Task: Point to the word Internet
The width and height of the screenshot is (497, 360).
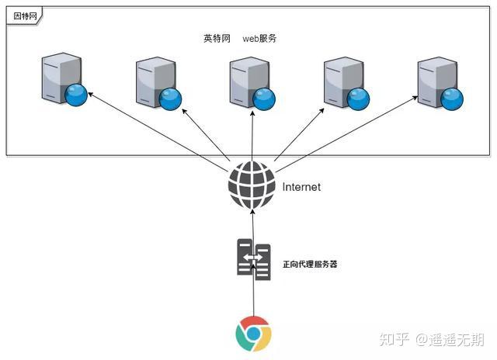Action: (x=301, y=187)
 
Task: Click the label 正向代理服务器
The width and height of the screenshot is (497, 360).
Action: (x=311, y=264)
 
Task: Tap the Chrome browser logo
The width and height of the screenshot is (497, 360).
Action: (x=253, y=334)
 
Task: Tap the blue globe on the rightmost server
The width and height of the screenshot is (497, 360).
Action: (x=452, y=96)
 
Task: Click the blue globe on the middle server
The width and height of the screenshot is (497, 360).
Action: (x=265, y=96)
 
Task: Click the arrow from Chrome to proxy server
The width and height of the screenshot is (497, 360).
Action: (x=253, y=299)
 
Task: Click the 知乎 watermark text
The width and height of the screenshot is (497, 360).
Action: (x=395, y=338)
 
